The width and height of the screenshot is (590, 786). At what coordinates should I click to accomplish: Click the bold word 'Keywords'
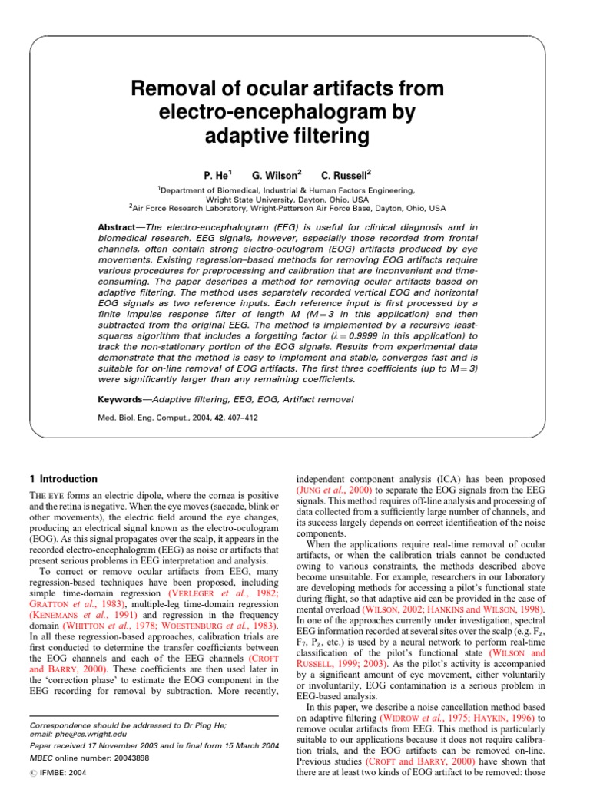(x=123, y=399)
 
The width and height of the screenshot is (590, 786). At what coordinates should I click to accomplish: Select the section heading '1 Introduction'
(x=63, y=479)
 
